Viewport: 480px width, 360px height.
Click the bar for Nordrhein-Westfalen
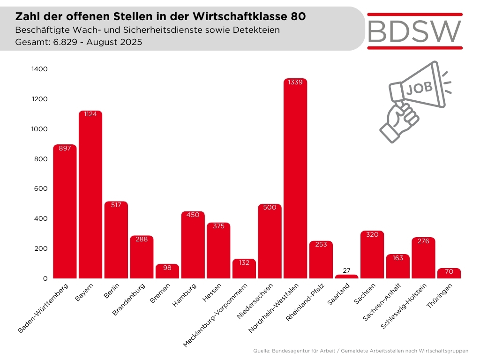[295, 183]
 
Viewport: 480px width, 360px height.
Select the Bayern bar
[90, 197]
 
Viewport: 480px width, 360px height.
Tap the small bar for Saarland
[346, 277]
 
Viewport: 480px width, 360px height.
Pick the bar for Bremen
[167, 272]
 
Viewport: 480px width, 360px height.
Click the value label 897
[65, 148]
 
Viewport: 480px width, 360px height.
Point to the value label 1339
[295, 82]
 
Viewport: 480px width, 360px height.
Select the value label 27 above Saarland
[346, 270]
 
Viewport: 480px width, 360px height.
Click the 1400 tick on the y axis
[39, 69]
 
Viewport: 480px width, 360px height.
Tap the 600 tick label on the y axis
[41, 189]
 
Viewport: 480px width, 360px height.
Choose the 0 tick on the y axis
[45, 278]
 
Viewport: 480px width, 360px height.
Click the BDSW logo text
[415, 31]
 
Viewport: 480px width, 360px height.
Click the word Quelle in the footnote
[261, 351]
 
